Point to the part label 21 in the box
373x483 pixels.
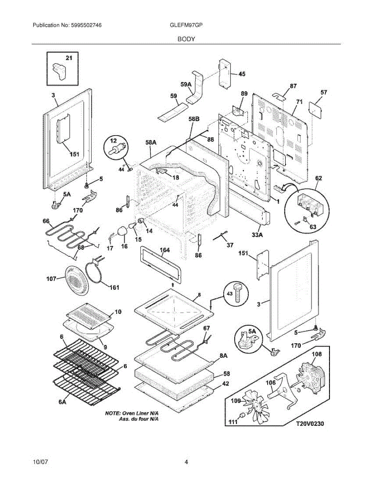(x=69, y=58)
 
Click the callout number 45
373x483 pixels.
(x=242, y=74)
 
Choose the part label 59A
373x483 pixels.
(x=186, y=85)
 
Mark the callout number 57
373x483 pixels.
(x=324, y=93)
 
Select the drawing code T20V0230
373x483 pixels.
(x=310, y=424)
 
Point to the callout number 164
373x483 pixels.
(x=165, y=250)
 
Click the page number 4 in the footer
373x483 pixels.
(x=186, y=462)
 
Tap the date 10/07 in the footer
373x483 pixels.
(x=40, y=462)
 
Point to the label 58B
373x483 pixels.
(x=194, y=119)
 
